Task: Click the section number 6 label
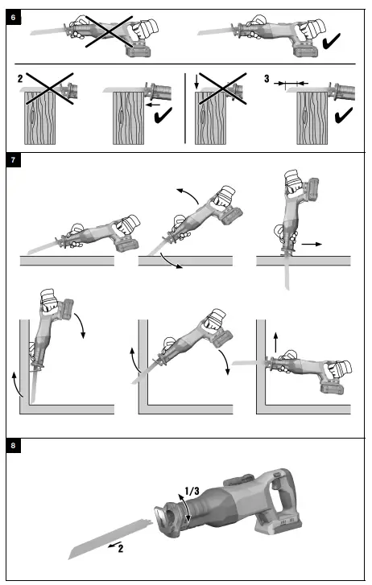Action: (x=13, y=18)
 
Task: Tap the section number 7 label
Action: (x=13, y=160)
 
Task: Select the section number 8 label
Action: (x=13, y=446)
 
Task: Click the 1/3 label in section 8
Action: (x=192, y=491)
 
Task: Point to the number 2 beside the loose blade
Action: (x=121, y=549)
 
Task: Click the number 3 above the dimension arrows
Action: (x=267, y=78)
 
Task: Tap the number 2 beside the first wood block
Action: (x=20, y=78)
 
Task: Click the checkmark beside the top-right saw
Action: (x=331, y=41)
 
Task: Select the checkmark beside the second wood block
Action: (x=163, y=115)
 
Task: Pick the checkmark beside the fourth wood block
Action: (x=344, y=115)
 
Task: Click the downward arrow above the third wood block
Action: (x=196, y=82)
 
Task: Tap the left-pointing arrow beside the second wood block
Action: (x=153, y=105)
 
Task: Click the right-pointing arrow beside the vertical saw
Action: (x=312, y=244)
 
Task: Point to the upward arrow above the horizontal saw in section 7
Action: (x=275, y=342)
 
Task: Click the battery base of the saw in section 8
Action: (x=279, y=523)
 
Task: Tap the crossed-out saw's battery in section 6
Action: (x=139, y=49)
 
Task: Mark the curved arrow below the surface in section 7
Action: (x=171, y=262)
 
